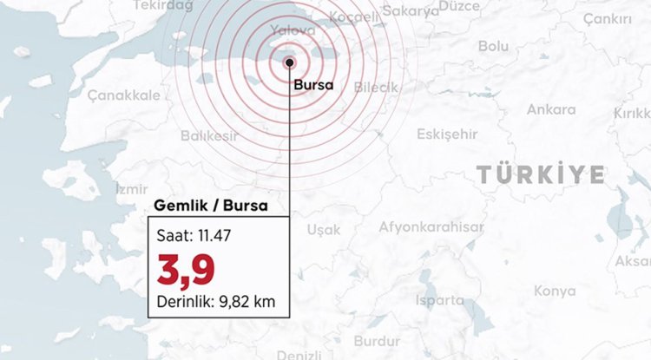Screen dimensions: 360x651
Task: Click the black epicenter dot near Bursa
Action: click(x=289, y=62)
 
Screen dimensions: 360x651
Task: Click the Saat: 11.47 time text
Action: click(x=195, y=235)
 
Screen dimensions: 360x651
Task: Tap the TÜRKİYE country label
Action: click(x=540, y=174)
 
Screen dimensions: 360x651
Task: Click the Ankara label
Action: click(x=551, y=110)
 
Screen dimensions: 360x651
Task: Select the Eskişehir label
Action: click(x=447, y=134)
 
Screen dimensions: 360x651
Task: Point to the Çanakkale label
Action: click(x=122, y=95)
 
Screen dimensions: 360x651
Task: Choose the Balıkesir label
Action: click(x=208, y=136)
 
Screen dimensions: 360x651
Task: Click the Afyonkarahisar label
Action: click(x=431, y=227)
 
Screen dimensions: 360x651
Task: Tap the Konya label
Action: click(x=554, y=291)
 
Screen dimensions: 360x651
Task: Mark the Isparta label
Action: click(x=440, y=300)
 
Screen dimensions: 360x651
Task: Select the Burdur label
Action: click(x=378, y=341)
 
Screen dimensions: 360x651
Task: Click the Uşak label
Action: click(x=324, y=230)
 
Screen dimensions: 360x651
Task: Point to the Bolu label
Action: click(x=493, y=45)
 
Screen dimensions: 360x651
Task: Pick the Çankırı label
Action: click(x=606, y=19)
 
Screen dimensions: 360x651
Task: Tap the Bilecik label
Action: click(x=376, y=88)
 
